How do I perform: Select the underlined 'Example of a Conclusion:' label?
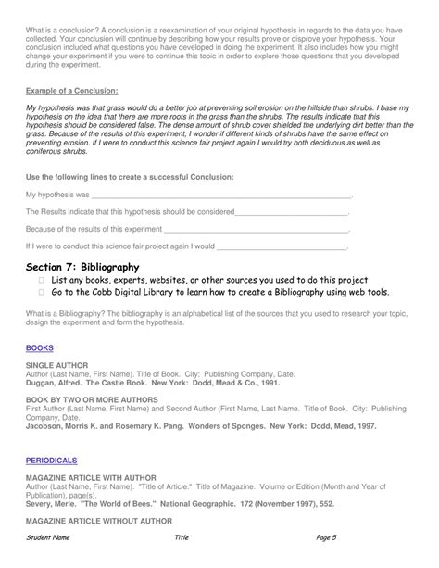(x=71, y=90)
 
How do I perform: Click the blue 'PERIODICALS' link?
(x=52, y=460)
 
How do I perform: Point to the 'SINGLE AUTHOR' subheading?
(x=56, y=365)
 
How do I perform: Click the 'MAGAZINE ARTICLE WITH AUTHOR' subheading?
(x=90, y=477)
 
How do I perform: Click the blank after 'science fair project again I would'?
(x=282, y=247)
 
